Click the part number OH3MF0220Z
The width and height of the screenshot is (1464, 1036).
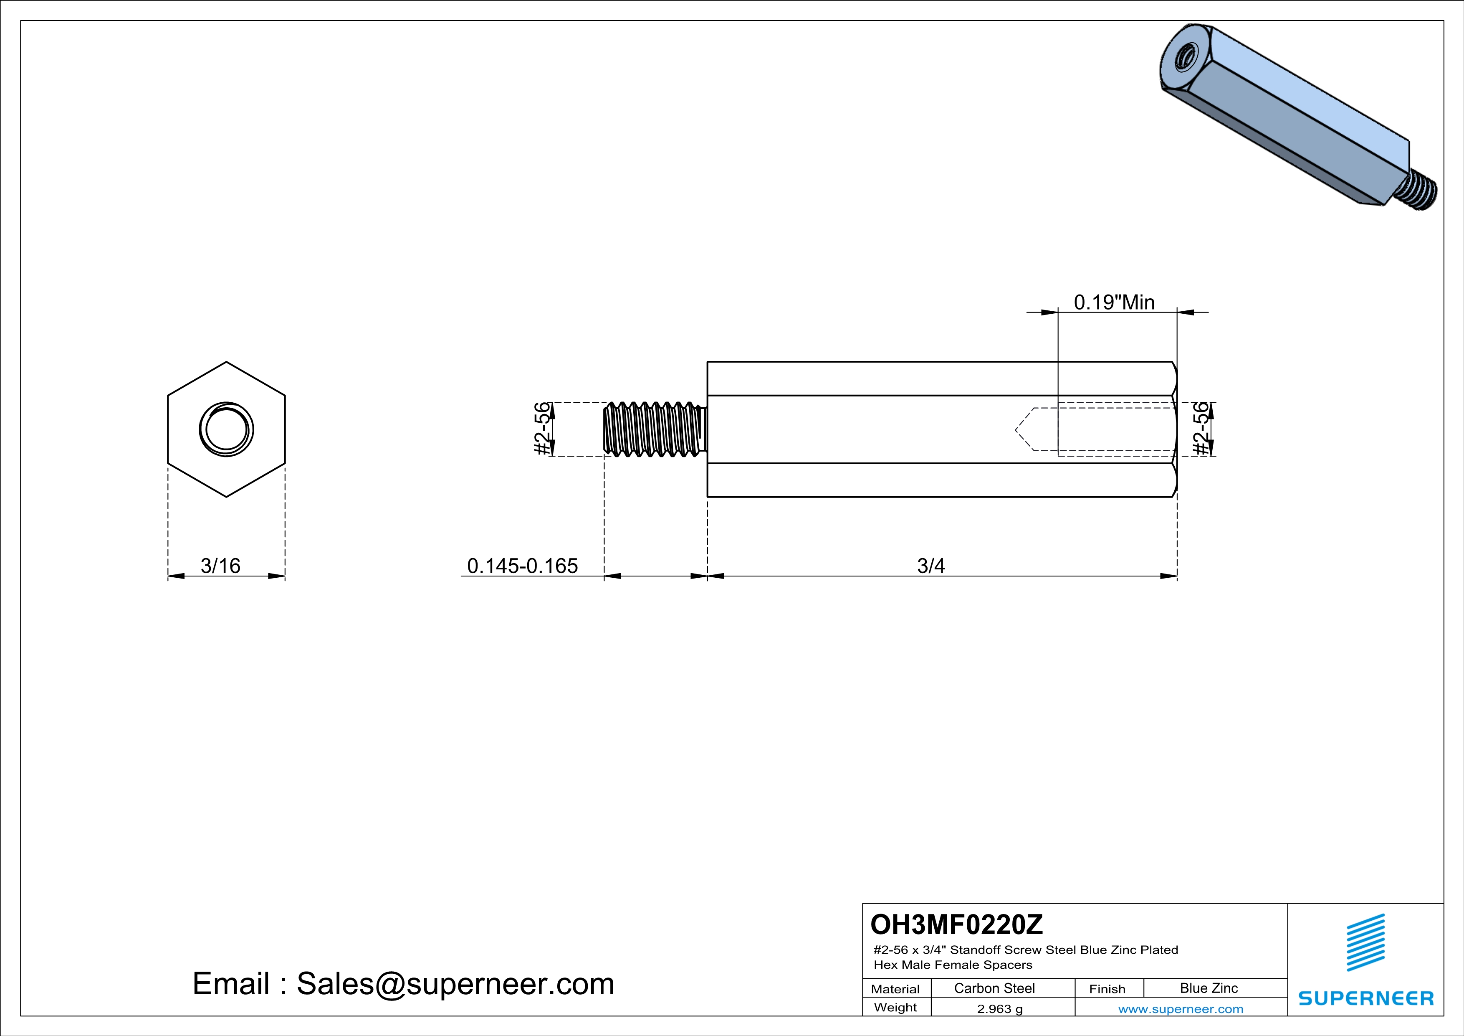(x=956, y=924)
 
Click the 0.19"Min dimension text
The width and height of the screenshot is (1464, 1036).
(x=1114, y=302)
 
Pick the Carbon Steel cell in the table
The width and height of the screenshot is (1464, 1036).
(x=994, y=988)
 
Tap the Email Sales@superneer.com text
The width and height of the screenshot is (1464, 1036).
(x=403, y=984)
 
